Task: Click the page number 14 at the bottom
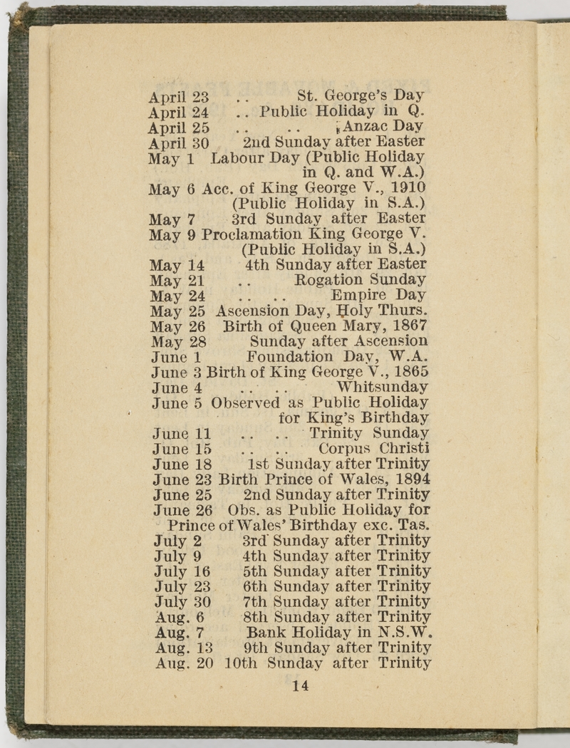(x=300, y=686)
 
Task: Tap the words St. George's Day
(x=361, y=95)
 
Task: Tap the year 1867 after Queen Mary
(x=411, y=326)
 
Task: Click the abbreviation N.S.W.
(x=407, y=633)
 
